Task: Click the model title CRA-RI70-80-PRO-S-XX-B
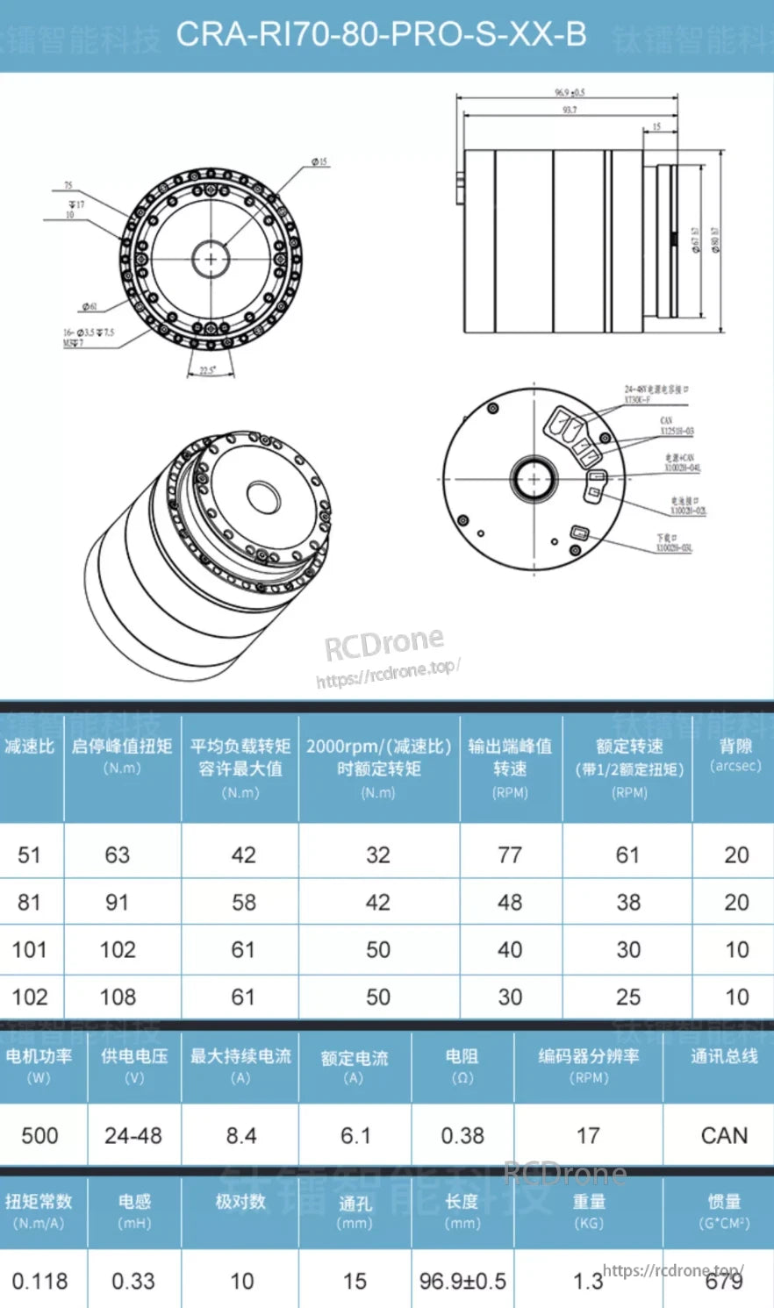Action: point(381,35)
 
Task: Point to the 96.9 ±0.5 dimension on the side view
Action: point(570,92)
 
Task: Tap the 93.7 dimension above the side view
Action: point(570,111)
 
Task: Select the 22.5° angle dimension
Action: point(207,370)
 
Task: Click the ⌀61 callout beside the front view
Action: point(90,306)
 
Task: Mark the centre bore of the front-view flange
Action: point(211,259)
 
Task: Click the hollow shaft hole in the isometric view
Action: point(262,497)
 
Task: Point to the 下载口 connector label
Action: point(670,543)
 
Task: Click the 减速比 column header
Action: point(29,747)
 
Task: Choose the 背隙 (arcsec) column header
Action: point(735,754)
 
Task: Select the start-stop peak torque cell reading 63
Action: point(118,855)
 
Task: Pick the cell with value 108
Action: point(118,997)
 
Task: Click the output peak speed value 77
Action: point(510,855)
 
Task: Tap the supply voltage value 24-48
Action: point(133,1136)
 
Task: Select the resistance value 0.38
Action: point(462,1136)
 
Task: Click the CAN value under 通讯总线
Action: point(724,1136)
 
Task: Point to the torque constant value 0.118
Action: point(39,1282)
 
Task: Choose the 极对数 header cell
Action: point(240,1201)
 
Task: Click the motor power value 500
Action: point(39,1136)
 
